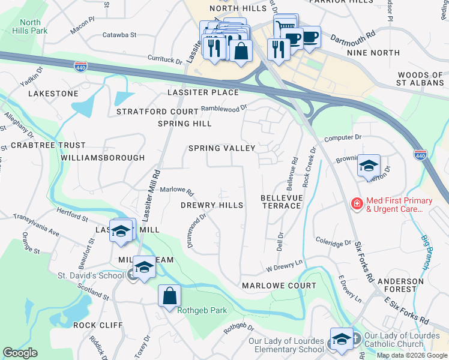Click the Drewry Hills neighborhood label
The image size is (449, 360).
(x=212, y=205)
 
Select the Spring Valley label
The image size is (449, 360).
(x=221, y=148)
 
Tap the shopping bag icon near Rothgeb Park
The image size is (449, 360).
(x=169, y=295)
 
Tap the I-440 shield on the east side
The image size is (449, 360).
(x=421, y=155)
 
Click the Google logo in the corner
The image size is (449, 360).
(x=20, y=353)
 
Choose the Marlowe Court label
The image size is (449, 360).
(x=279, y=286)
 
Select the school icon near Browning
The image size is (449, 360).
(x=368, y=166)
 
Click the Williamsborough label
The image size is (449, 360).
(x=103, y=158)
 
